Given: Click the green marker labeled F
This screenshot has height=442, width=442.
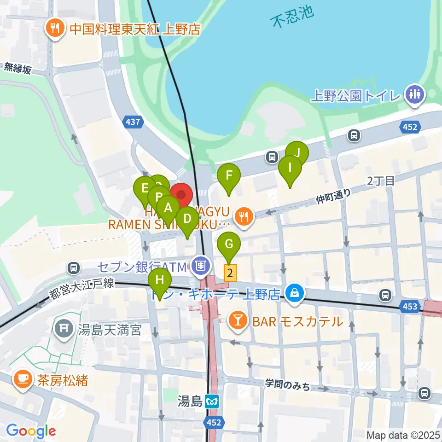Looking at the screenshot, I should [229, 175].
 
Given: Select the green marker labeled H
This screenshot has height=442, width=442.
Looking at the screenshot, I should [160, 280].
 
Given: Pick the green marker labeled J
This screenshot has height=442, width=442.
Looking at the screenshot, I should [297, 153].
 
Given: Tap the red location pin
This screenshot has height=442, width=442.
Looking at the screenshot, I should [181, 196].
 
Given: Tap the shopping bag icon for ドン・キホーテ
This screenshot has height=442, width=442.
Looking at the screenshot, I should [293, 292].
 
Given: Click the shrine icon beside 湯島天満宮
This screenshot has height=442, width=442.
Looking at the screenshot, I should [63, 329].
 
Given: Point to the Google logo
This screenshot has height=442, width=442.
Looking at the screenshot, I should [31, 431].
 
